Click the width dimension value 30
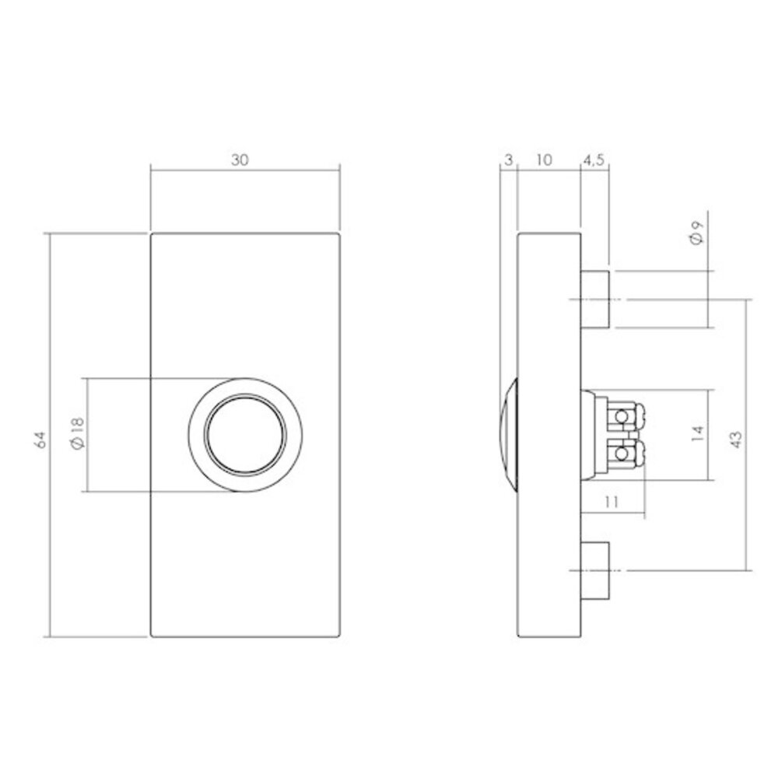tap(240, 159)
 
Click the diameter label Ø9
tap(696, 233)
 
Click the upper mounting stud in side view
tap(595, 299)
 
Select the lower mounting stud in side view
tap(595, 570)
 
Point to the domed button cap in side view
tap(510, 435)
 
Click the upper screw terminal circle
tap(621, 419)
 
